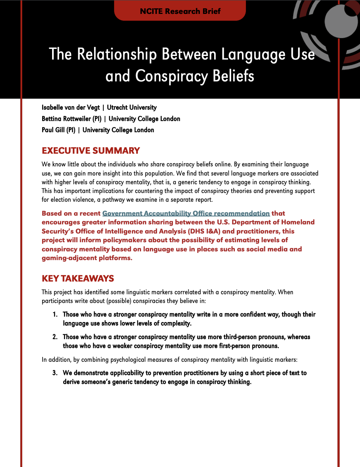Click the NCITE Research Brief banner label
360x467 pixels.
180,11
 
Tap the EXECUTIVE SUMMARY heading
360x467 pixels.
91,151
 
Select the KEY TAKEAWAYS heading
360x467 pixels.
78,278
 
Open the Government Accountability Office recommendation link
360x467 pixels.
186,213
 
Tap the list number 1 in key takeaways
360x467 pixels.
55,314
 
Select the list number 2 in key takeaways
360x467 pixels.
55,337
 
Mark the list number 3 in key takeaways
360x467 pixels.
55,373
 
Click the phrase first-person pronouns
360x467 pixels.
244,345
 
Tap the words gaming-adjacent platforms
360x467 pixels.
86,258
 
